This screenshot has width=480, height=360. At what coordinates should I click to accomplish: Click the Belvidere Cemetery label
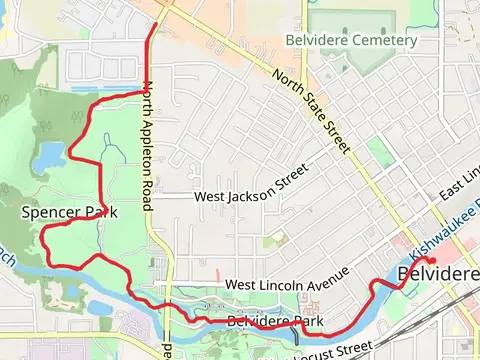350,40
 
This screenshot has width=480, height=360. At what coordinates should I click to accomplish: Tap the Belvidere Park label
275,321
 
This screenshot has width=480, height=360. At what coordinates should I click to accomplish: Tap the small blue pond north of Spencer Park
47,155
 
